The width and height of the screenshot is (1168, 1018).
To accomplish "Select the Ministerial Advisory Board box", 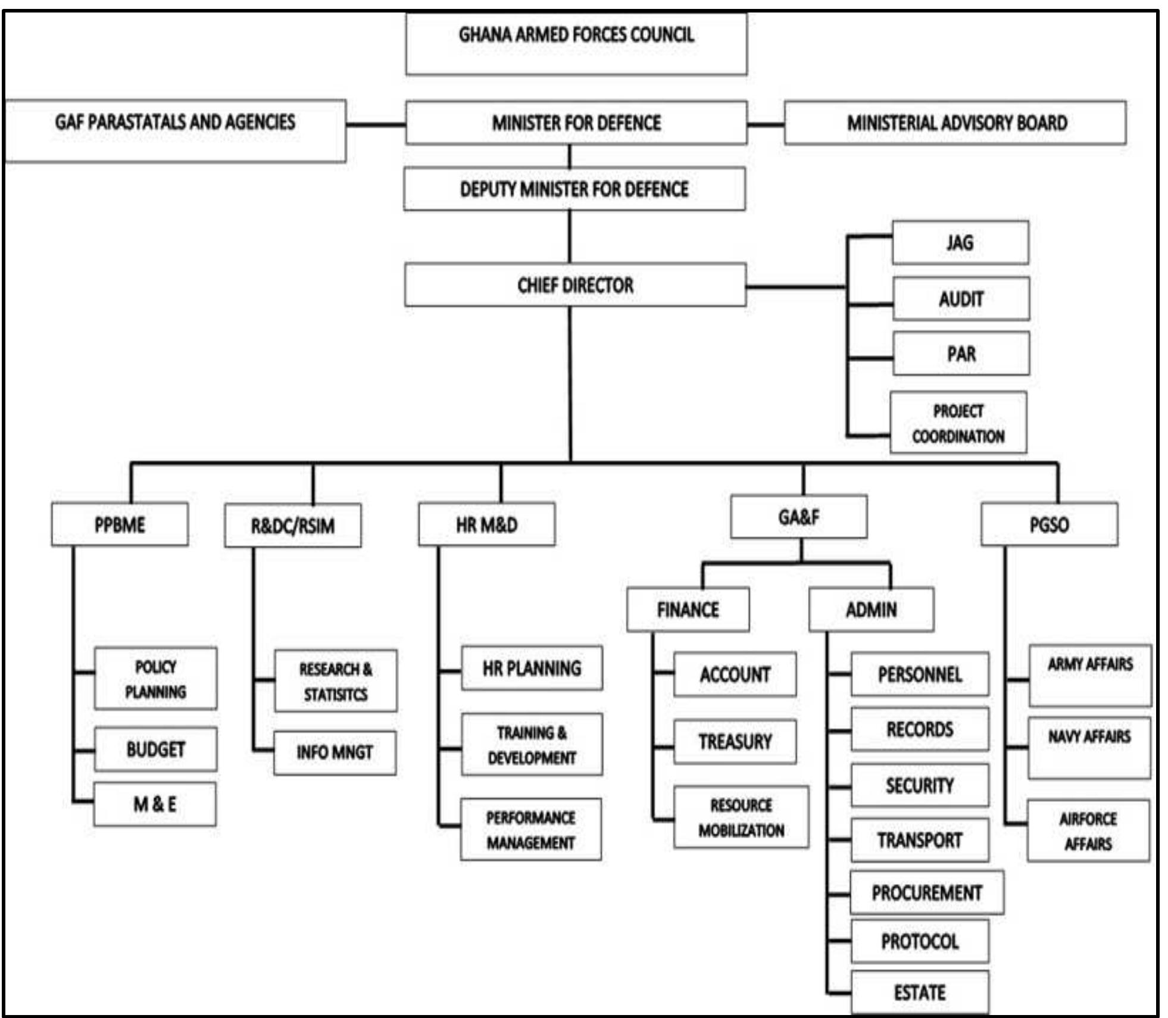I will point(955,123).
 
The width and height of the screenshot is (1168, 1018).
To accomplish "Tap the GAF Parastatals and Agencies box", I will point(175,130).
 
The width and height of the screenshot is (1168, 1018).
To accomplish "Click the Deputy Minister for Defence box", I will point(574,189).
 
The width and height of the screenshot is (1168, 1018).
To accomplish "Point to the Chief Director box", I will point(575,285).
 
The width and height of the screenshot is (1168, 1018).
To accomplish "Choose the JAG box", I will point(960,243).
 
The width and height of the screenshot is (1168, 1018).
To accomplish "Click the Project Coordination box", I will point(958,423).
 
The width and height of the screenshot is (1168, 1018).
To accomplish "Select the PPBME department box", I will point(120,524).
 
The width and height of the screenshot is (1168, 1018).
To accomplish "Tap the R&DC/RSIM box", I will point(292,526).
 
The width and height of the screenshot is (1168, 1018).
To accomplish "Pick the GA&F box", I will point(798,517).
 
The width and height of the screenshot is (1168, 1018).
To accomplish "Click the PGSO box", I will point(1049,524).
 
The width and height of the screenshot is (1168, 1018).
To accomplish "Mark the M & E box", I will point(155,804).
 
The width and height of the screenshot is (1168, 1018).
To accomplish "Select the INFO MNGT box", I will point(335,752).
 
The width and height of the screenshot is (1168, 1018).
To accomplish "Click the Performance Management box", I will point(530,829).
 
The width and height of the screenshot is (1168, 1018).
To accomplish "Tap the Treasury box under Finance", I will point(735,742).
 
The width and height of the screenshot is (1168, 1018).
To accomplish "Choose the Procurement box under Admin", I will point(926,892).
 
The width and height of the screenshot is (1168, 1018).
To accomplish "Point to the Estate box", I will point(919,992).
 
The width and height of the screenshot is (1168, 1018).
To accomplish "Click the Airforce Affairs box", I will point(1088,830).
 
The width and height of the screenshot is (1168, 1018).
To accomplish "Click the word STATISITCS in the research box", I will point(335,695).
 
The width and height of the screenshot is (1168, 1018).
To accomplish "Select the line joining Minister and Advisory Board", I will point(766,124).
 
